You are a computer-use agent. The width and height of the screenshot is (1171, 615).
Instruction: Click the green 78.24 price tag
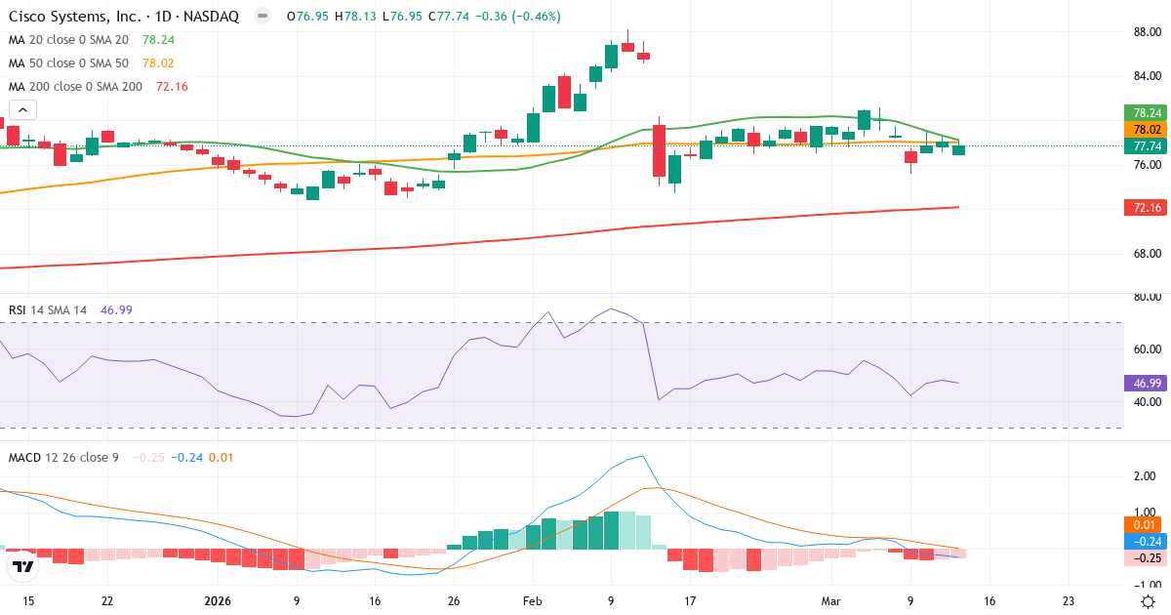[1147, 113]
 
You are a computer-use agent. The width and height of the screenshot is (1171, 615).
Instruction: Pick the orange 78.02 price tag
[1147, 130]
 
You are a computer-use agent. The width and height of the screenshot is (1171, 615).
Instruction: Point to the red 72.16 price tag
[1147, 208]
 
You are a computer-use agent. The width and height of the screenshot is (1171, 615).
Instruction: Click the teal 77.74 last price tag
[1147, 146]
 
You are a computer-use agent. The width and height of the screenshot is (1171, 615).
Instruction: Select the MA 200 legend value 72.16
[172, 87]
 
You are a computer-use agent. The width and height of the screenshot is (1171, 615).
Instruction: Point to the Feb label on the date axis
[531, 601]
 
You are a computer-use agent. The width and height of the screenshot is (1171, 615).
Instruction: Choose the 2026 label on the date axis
[216, 601]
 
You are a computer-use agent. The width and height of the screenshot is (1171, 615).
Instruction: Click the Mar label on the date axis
[829, 601]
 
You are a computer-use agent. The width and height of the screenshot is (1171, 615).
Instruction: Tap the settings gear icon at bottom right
[1149, 601]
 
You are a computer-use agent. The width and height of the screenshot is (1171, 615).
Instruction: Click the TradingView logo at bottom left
[23, 566]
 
